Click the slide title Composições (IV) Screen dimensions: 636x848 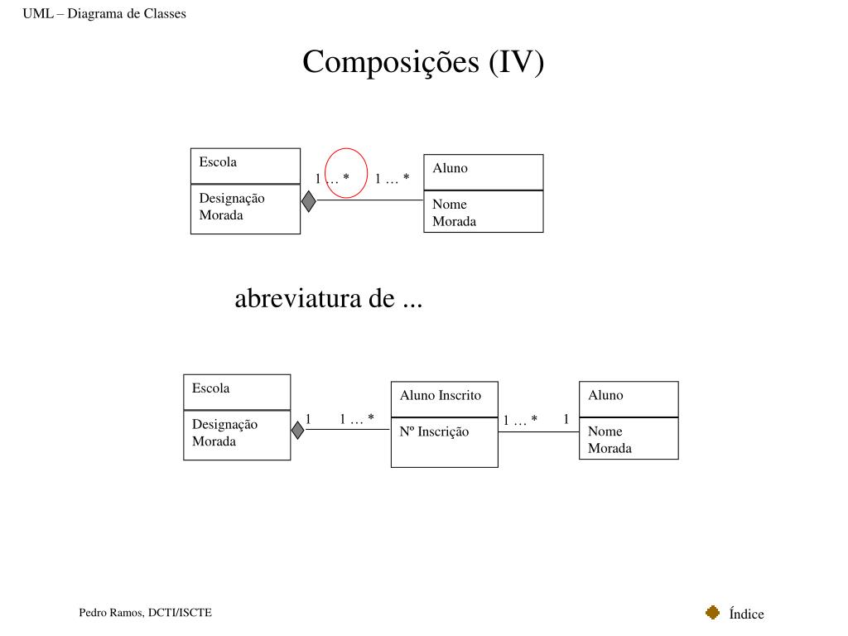click(x=423, y=62)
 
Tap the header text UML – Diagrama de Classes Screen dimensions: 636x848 click(x=104, y=13)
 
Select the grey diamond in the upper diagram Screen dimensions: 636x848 click(x=308, y=200)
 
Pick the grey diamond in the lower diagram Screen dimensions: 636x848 click(x=298, y=430)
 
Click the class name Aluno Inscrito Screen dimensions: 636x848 click(x=440, y=395)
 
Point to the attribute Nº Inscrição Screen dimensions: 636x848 click(x=434, y=431)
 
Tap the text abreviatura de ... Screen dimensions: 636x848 click(x=328, y=298)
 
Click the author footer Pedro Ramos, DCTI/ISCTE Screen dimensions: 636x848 click(x=146, y=613)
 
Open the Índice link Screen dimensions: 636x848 click(x=746, y=614)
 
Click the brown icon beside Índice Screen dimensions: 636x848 click(x=712, y=613)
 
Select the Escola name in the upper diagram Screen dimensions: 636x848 click(x=218, y=161)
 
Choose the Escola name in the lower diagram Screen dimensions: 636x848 click(x=211, y=388)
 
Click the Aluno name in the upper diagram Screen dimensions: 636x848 click(x=450, y=168)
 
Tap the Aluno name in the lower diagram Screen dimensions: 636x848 click(x=605, y=395)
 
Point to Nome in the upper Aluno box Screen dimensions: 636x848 click(x=450, y=204)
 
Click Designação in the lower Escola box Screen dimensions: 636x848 click(x=224, y=424)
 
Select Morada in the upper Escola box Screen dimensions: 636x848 click(x=221, y=215)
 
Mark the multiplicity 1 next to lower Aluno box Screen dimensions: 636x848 click(x=566, y=419)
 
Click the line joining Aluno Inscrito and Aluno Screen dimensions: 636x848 click(x=538, y=431)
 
